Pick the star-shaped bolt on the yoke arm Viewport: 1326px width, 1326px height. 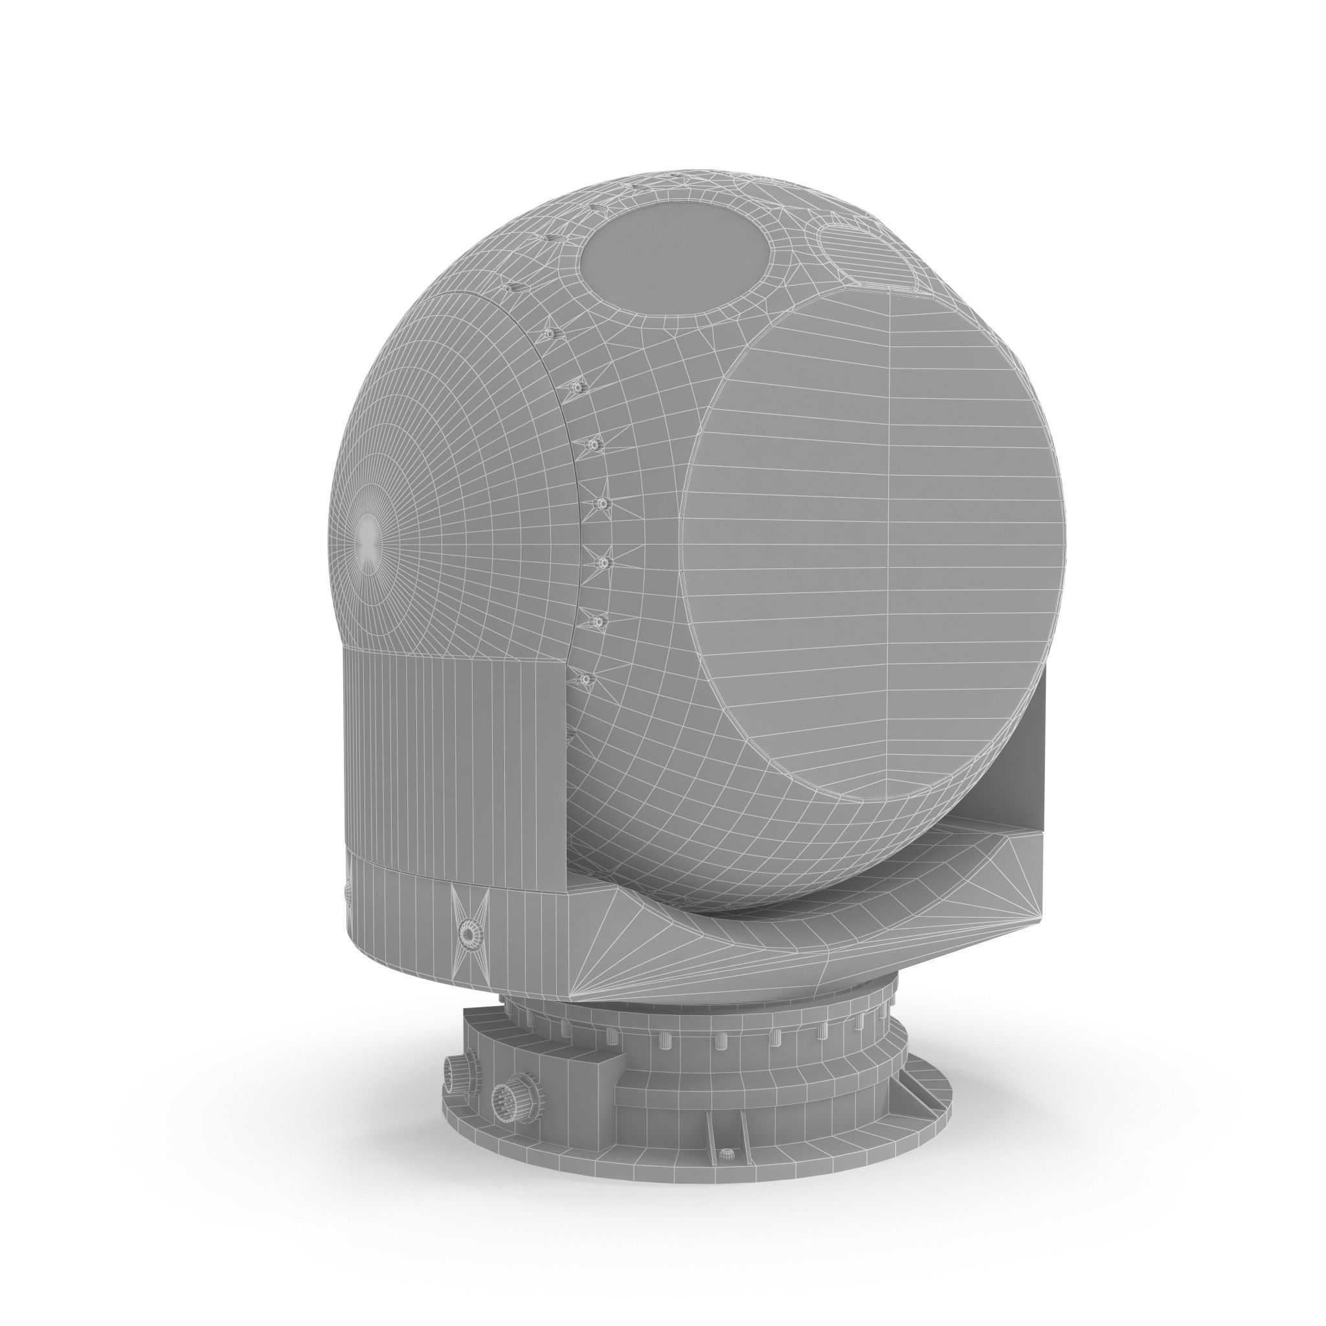pyautogui.click(x=469, y=934)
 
